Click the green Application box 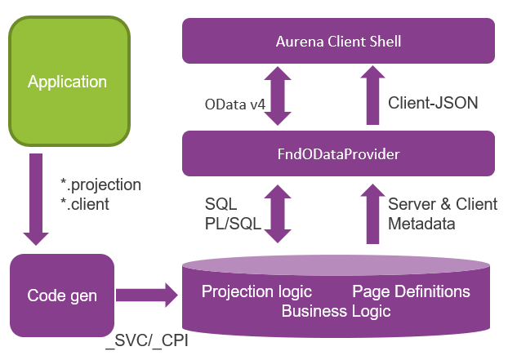[69, 82]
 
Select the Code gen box [62, 296]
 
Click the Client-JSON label [433, 103]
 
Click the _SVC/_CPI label [147, 343]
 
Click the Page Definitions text [411, 291]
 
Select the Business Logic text [336, 311]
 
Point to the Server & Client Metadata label [442, 213]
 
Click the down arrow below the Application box [36, 200]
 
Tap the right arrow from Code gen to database [147, 296]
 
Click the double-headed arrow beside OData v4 [279, 96]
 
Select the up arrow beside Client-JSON [372, 95]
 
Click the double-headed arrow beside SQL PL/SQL [279, 213]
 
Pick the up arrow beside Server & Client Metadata [372, 212]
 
